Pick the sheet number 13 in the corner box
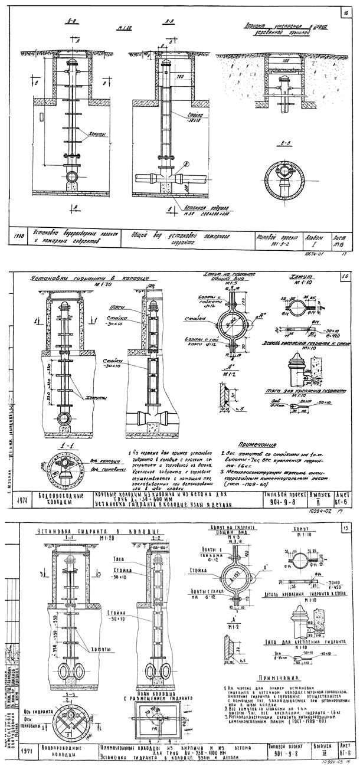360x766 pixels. point(344,527)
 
